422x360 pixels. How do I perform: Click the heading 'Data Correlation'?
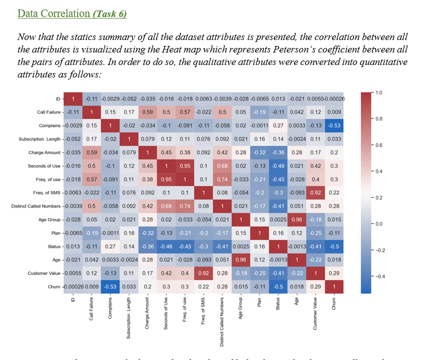coord(54,13)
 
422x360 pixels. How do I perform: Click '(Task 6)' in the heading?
coord(109,13)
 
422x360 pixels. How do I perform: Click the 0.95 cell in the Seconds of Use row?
coord(184,165)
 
